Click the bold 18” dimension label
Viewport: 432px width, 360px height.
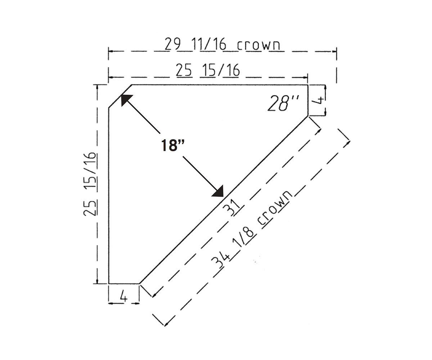coord(172,145)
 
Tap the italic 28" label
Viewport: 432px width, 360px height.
coord(283,103)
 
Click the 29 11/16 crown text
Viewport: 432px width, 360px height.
coord(222,44)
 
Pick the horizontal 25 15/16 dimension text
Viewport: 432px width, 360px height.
coord(208,70)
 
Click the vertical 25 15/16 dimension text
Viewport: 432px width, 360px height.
coord(90,184)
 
